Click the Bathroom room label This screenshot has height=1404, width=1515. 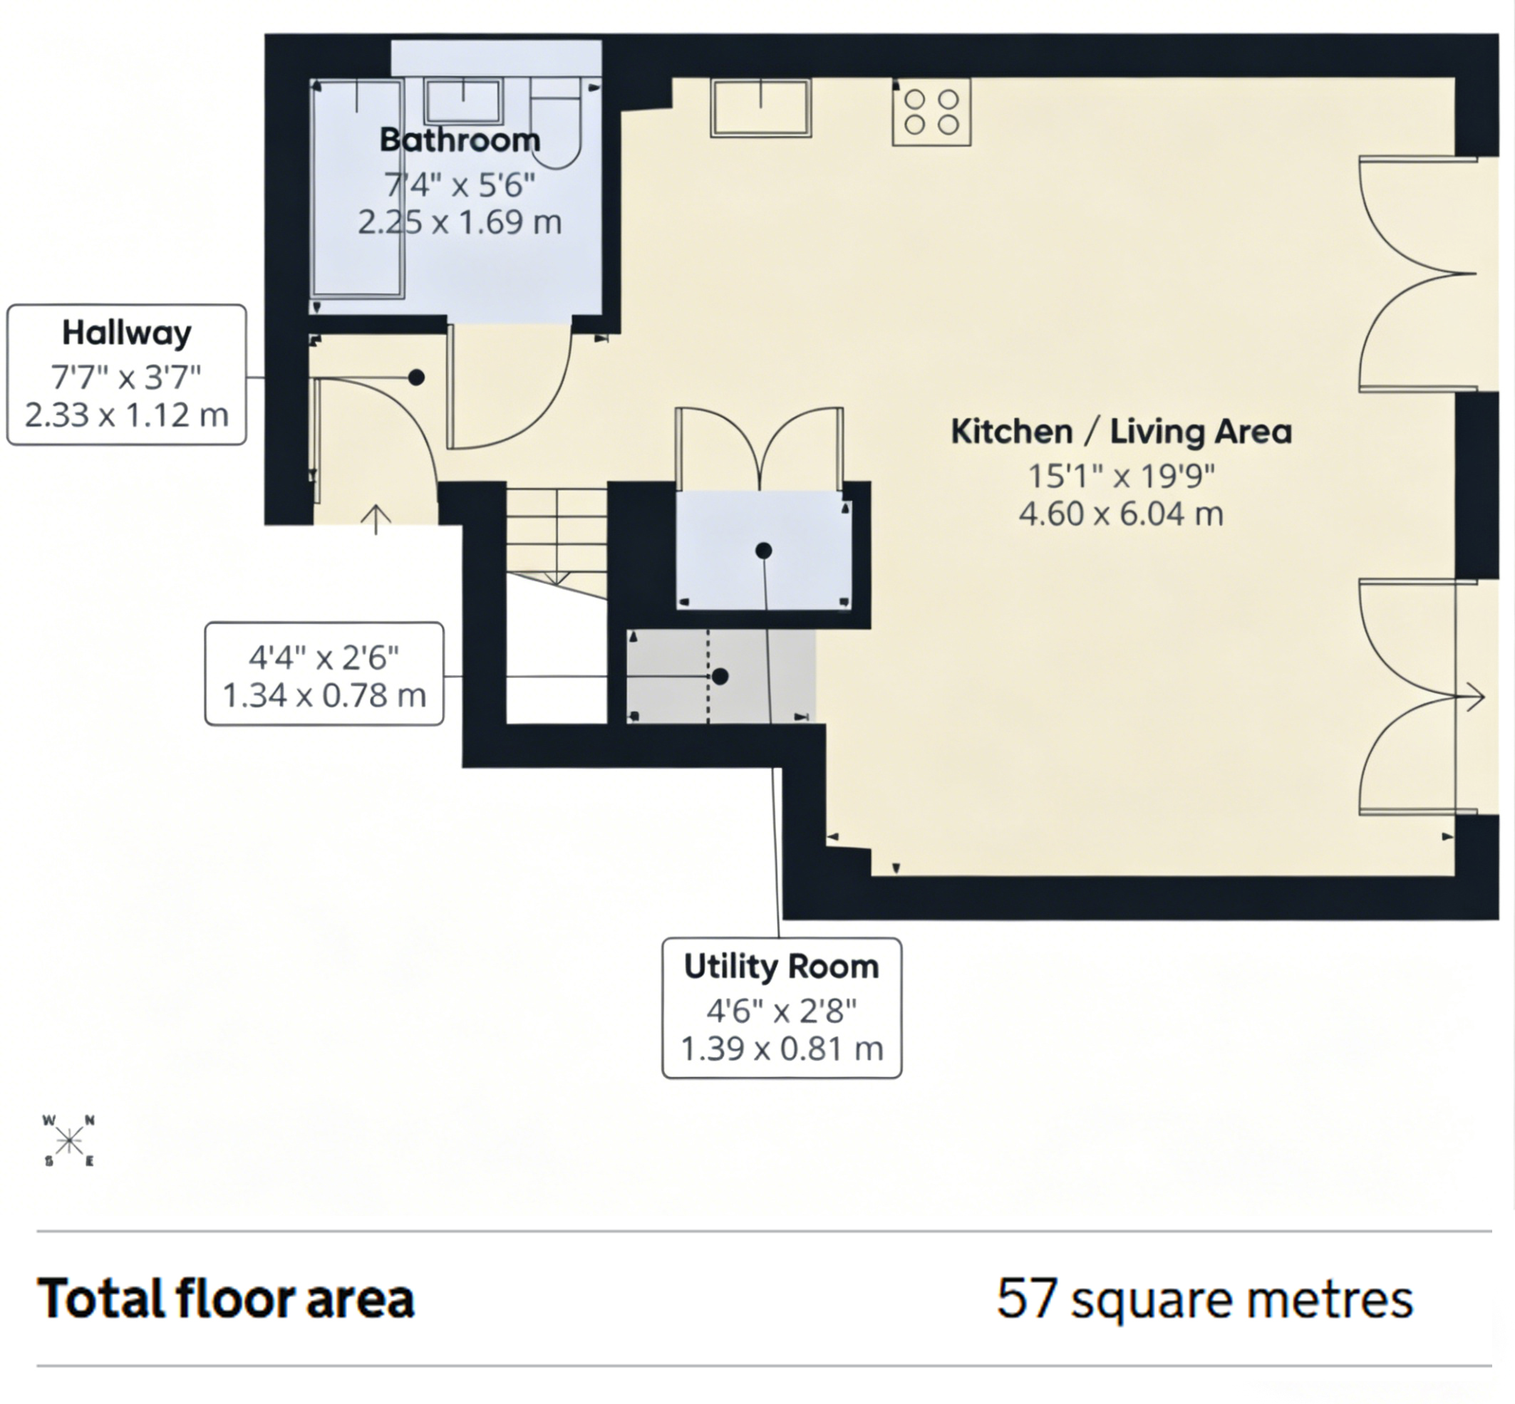click(x=460, y=140)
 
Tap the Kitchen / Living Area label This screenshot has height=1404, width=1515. click(x=1121, y=432)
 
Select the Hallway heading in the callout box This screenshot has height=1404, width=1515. click(x=127, y=333)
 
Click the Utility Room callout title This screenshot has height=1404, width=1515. click(x=782, y=967)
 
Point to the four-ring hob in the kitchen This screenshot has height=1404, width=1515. click(x=931, y=111)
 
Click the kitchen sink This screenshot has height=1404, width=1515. click(x=761, y=108)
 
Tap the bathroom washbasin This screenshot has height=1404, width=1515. click(x=463, y=100)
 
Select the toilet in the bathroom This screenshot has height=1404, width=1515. click(x=556, y=124)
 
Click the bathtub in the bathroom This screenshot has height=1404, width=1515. click(x=357, y=187)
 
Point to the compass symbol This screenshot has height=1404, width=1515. click(x=69, y=1140)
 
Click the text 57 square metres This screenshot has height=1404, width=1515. click(x=1205, y=1299)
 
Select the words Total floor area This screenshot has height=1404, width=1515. click(x=226, y=1298)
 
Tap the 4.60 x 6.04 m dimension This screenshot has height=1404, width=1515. click(x=1121, y=514)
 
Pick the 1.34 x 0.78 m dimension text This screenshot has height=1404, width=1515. click(x=324, y=695)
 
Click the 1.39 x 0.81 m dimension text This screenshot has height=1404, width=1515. click(x=782, y=1049)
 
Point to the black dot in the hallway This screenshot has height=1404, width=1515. click(x=416, y=377)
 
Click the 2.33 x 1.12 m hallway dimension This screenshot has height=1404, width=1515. click(x=127, y=415)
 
